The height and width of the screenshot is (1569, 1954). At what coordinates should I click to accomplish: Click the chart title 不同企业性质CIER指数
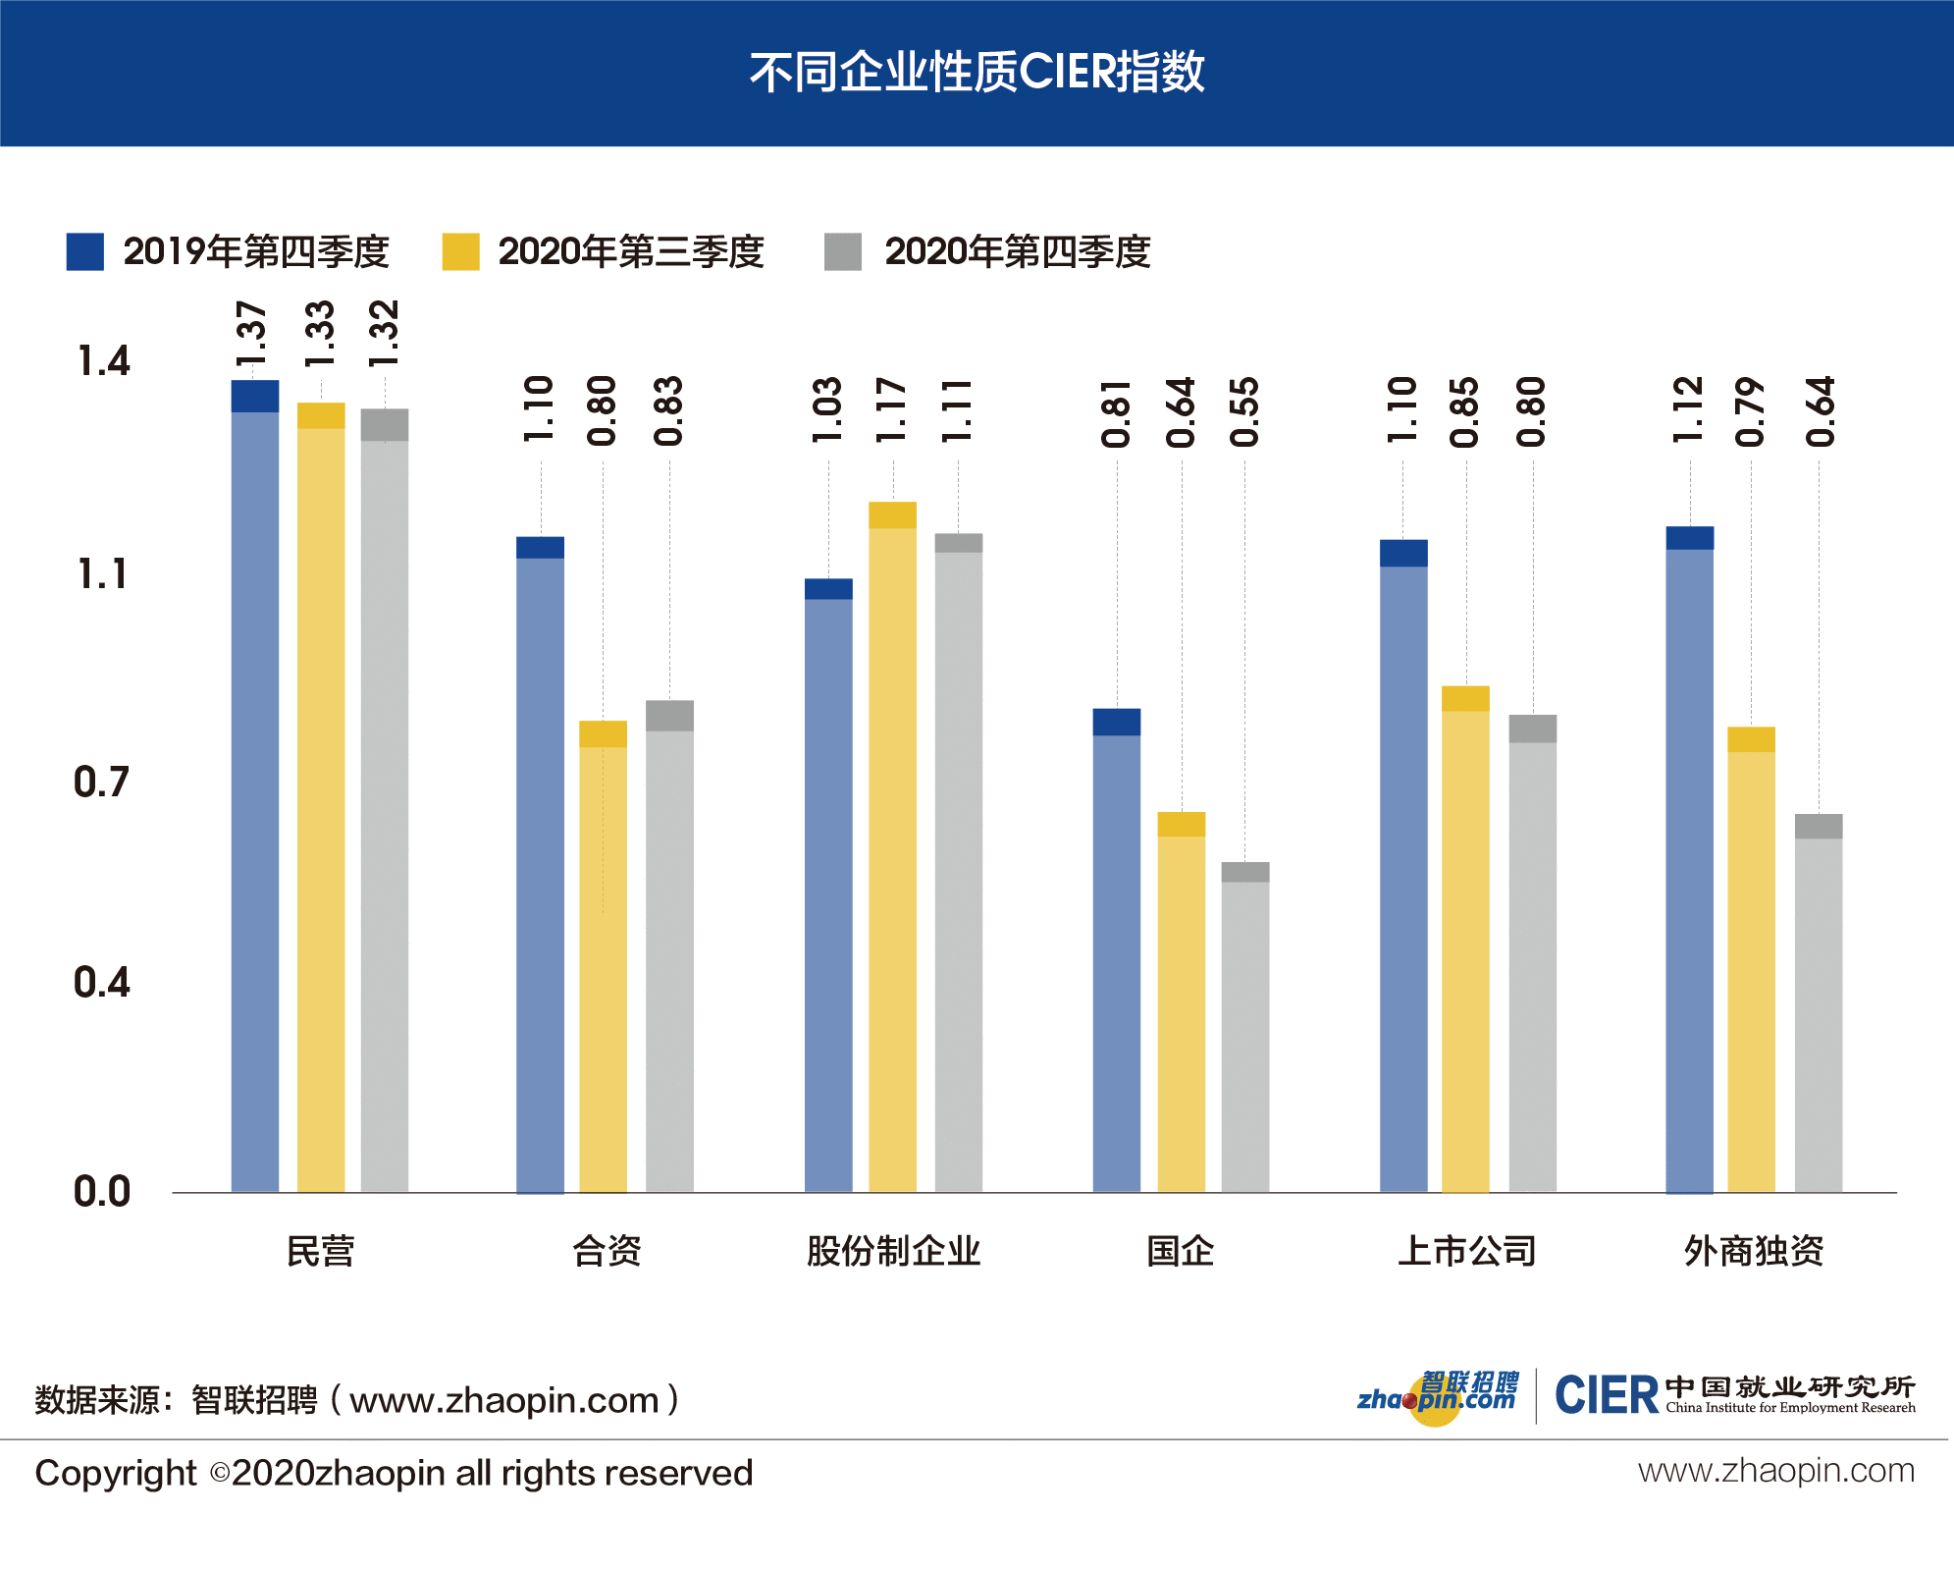click(977, 73)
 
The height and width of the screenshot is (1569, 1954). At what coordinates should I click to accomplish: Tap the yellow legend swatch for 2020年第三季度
click(460, 252)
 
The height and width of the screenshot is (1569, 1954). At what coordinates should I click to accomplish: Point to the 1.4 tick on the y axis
click(103, 361)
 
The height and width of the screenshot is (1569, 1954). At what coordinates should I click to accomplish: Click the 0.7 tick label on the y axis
click(101, 783)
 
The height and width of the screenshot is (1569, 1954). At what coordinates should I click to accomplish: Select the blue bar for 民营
click(255, 785)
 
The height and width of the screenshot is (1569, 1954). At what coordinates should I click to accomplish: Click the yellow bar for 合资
click(603, 957)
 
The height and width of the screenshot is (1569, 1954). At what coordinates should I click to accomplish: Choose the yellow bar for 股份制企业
click(892, 844)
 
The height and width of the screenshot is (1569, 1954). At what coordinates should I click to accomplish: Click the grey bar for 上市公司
click(1532, 952)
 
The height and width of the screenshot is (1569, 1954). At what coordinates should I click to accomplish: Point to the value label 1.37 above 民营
click(252, 335)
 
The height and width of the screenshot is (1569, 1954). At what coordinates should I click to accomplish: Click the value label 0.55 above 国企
click(1244, 411)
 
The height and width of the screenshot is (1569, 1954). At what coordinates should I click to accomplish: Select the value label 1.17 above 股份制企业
click(891, 409)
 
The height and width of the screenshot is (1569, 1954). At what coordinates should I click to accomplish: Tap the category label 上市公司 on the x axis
click(1466, 1251)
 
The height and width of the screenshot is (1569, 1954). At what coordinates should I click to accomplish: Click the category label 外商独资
click(1753, 1251)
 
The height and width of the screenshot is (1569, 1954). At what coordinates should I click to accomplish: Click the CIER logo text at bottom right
click(1606, 1395)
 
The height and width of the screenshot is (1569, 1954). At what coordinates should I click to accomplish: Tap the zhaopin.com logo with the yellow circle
click(1437, 1395)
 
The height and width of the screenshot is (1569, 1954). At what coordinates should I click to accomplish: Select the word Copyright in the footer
click(116, 1473)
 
